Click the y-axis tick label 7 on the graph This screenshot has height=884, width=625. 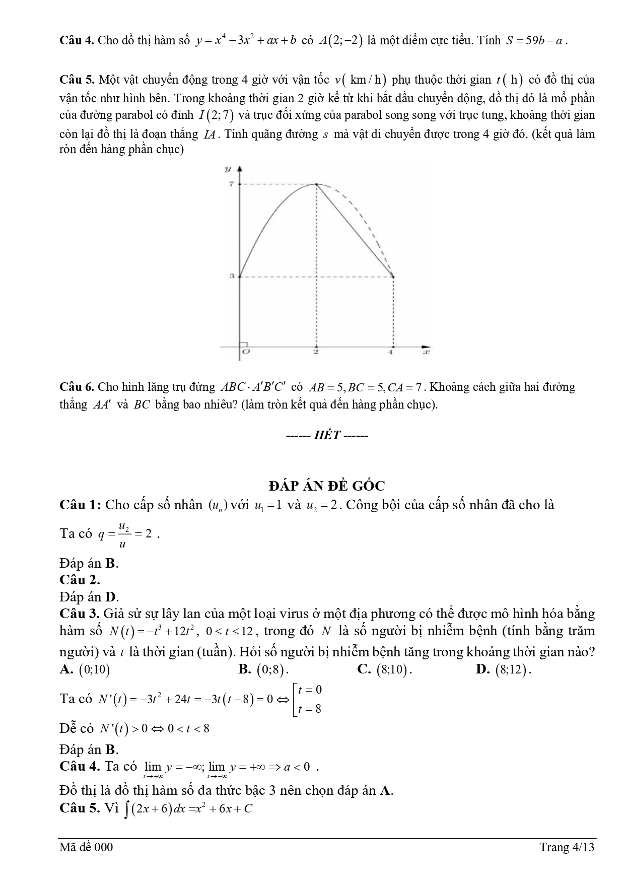tap(231, 184)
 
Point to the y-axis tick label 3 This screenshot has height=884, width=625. tap(231, 277)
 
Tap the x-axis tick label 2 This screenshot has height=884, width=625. tap(316, 352)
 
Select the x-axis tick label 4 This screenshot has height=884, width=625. tap(390, 352)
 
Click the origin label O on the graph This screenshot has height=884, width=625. tap(246, 352)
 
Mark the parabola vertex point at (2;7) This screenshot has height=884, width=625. tap(316, 185)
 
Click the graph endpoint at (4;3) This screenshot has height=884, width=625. tap(392, 277)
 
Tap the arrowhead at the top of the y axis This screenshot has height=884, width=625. tap(240, 168)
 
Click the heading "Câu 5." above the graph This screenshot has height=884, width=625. tap(77, 80)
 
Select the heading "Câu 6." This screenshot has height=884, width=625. tap(77, 387)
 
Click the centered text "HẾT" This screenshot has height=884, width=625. tap(327, 435)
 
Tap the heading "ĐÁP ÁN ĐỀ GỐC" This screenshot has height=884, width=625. tap(327, 486)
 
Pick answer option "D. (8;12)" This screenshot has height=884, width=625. tap(504, 669)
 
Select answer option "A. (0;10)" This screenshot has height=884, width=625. tap(85, 669)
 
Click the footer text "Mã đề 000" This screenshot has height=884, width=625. tap(86, 847)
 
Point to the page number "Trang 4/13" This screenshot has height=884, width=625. tap(567, 847)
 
